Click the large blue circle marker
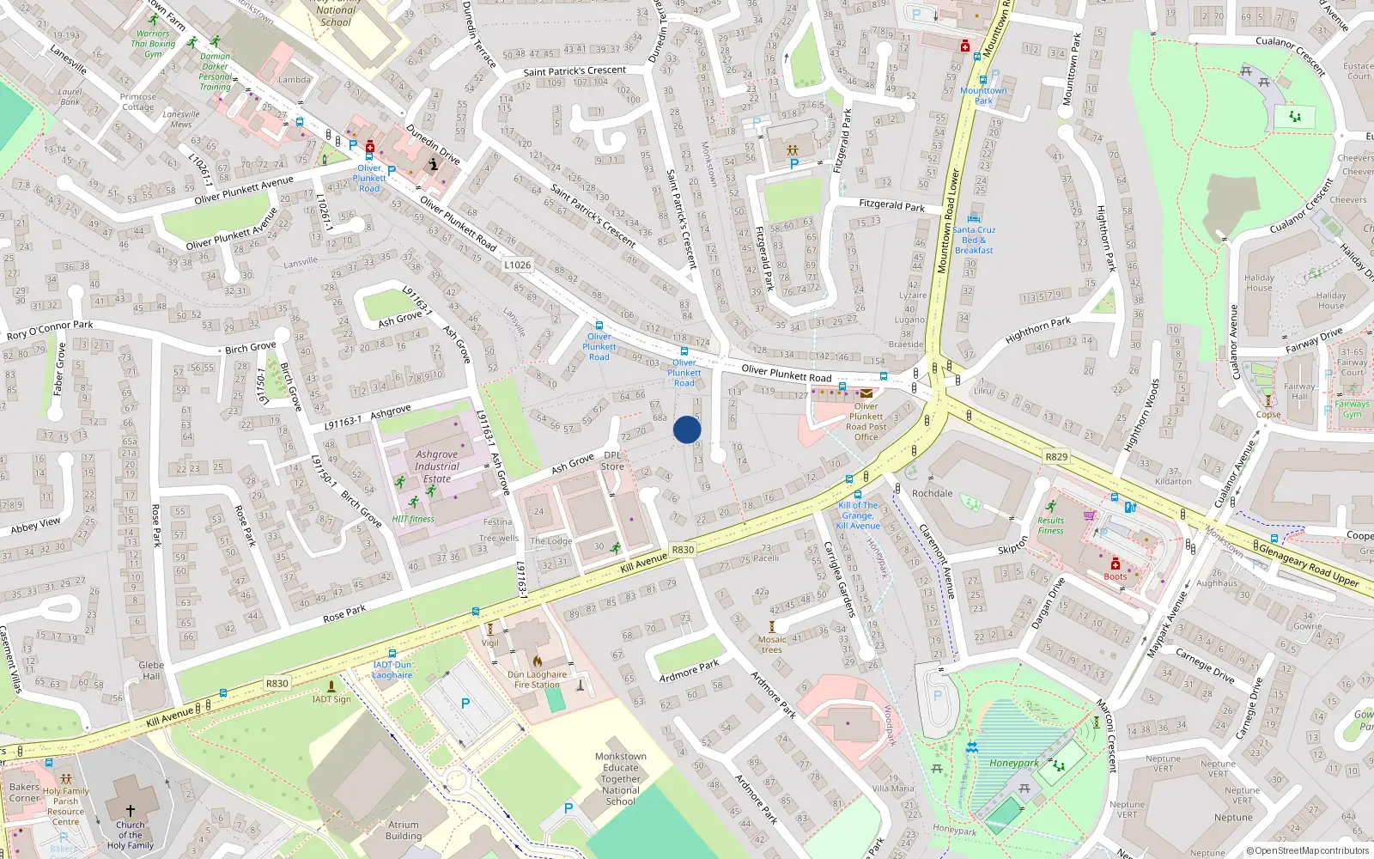click(x=687, y=429)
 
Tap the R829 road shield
click(x=1056, y=456)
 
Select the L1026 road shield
click(x=518, y=265)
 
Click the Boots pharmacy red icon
click(x=1116, y=564)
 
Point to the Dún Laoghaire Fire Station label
click(x=537, y=679)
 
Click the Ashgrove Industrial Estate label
click(x=437, y=466)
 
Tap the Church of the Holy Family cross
click(x=131, y=810)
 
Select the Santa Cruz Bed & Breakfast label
click(x=974, y=240)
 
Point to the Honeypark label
click(x=1014, y=763)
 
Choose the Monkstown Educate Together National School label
click(x=621, y=779)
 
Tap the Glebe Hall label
click(x=151, y=670)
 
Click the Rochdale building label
click(x=933, y=493)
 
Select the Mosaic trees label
click(x=772, y=644)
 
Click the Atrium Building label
click(x=404, y=830)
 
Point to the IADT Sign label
click(x=331, y=699)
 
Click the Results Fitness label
click(x=1050, y=525)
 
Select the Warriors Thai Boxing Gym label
click(x=153, y=44)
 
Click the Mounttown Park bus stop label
click(x=983, y=95)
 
